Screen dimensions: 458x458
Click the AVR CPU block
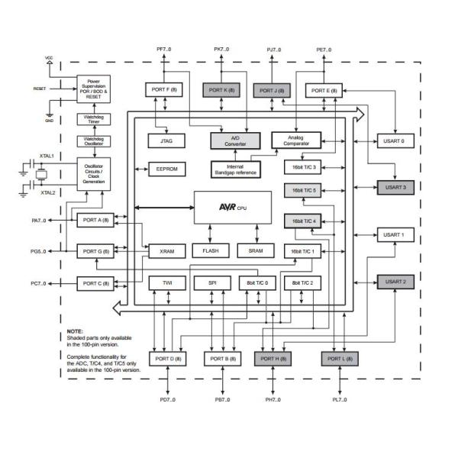pos(232,207)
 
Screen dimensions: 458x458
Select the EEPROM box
pos(166,169)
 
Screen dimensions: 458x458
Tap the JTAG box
pos(166,140)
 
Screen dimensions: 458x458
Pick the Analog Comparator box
pos(295,140)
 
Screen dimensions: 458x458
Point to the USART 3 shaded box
pos(394,187)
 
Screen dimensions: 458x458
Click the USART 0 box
pos(394,140)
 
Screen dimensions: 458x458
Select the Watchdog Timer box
pos(93,119)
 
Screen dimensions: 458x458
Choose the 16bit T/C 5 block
pos(304,191)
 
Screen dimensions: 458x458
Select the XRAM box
pos(166,250)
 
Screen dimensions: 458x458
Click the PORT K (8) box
pos(222,90)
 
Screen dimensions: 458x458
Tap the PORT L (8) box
pos(340,358)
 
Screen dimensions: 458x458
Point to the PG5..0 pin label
pos(39,250)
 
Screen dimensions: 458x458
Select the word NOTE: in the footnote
pos(75,331)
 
